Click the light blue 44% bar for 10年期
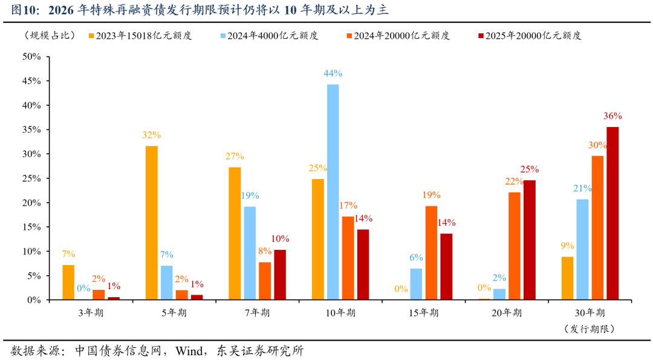333,192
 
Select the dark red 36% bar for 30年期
612,213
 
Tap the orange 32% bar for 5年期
151,223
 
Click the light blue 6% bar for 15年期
416,284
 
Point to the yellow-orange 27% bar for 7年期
235,233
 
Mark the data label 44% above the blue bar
333,73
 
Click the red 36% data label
612,116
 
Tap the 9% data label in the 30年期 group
567,246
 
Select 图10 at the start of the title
24,10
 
